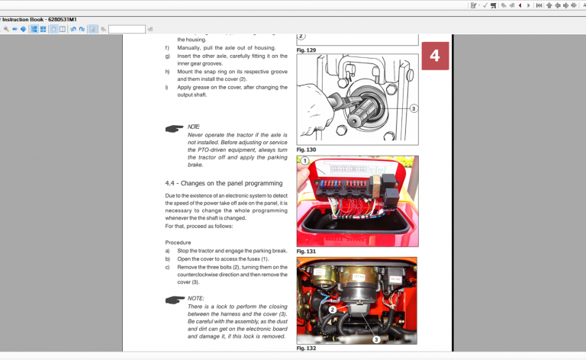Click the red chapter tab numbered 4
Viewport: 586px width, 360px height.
pyautogui.click(x=434, y=56)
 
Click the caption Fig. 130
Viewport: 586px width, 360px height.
pyautogui.click(x=306, y=149)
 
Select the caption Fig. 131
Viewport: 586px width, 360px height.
pyautogui.click(x=306, y=251)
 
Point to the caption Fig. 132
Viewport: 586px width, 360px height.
pyautogui.click(x=306, y=348)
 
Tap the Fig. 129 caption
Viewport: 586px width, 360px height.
pyautogui.click(x=306, y=50)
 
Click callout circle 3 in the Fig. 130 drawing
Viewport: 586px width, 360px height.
pyautogui.click(x=413, y=108)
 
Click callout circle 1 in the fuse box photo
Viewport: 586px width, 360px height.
pyautogui.click(x=304, y=162)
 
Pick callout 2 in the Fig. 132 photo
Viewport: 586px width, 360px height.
pyautogui.click(x=333, y=310)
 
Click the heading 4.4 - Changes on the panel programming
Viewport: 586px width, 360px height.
pyautogui.click(x=224, y=183)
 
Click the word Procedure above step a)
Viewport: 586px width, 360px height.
pyautogui.click(x=178, y=242)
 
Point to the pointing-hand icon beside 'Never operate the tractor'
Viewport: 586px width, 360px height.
pyautogui.click(x=174, y=129)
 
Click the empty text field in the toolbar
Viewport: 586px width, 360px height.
pyautogui.click(x=127, y=29)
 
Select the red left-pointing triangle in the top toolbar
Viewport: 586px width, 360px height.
pyautogui.click(x=520, y=5)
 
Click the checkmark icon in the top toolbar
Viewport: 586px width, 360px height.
pyautogui.click(x=484, y=5)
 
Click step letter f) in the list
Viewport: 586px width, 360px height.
pyautogui.click(x=167, y=47)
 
